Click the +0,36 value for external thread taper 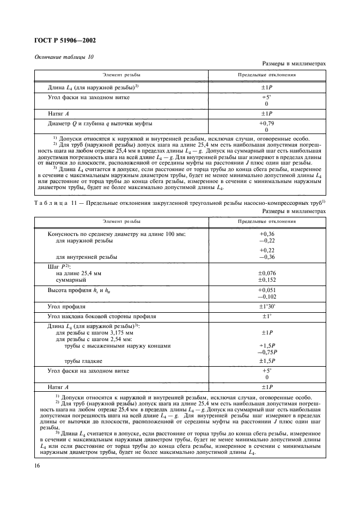pyautogui.click(x=266, y=233)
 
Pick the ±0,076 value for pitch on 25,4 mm pyautogui.click(x=266, y=273)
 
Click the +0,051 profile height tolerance pyautogui.click(x=266, y=290)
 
